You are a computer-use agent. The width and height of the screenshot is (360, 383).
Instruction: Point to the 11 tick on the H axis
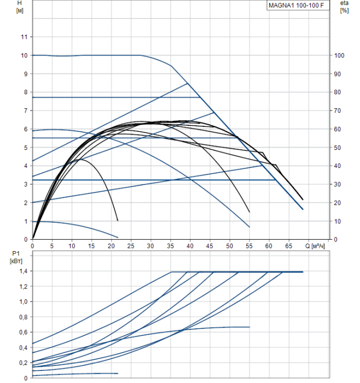coord(24,37)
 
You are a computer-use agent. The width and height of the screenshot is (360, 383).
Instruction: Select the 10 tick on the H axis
coord(24,55)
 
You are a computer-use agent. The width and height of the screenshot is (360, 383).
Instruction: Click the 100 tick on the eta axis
coord(340,55)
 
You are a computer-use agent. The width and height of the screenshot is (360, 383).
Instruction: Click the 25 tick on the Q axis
coord(131,246)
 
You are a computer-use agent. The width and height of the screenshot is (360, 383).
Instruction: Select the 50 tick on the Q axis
coord(229,246)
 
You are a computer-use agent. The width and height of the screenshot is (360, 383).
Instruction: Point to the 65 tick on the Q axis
coord(288,246)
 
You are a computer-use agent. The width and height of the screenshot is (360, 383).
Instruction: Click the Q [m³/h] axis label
coord(317,246)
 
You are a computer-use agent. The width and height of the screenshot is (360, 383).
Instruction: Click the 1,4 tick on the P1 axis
coord(22,271)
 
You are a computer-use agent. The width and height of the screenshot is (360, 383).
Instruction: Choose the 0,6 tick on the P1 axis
coord(22,333)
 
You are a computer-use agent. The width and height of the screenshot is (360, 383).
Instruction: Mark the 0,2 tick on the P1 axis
coord(22,363)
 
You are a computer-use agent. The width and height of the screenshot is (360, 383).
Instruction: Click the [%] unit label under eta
coord(344,11)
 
